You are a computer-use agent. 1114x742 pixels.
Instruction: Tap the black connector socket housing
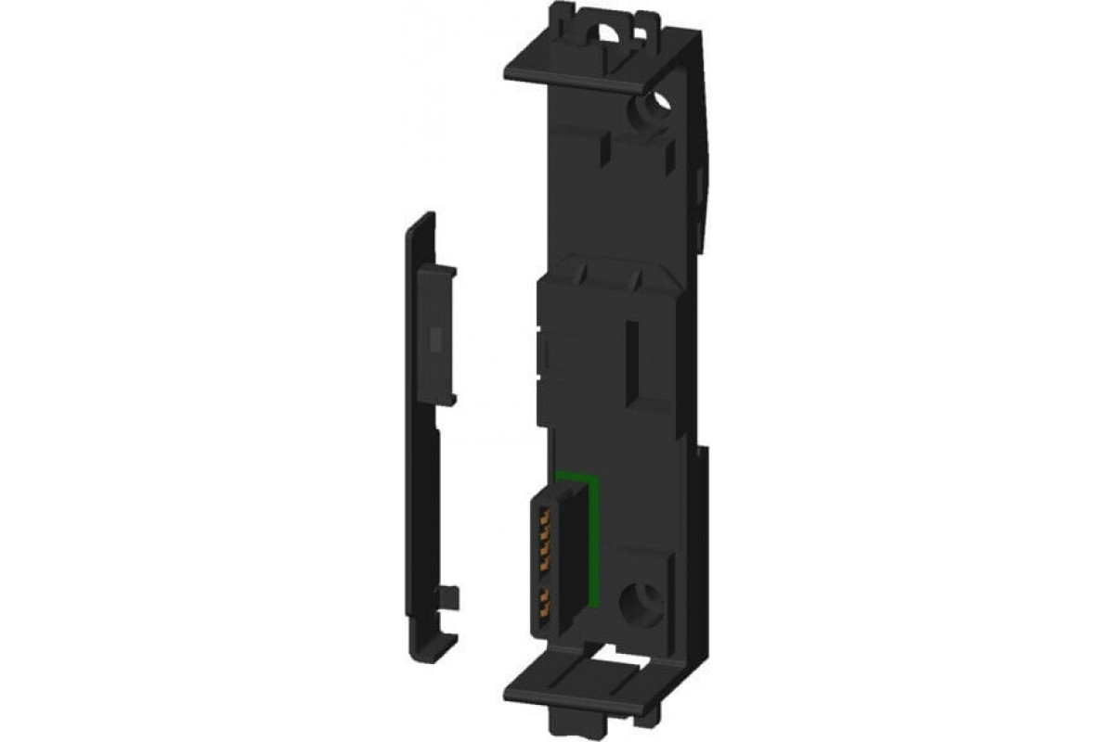click(x=551, y=566)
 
